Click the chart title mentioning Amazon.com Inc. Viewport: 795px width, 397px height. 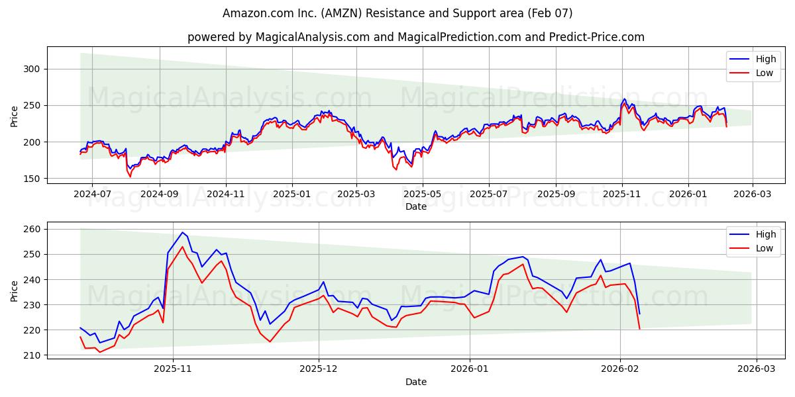(x=397, y=13)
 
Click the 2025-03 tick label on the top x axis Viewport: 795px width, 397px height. (x=356, y=194)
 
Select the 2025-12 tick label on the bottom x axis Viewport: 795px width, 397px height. (x=319, y=369)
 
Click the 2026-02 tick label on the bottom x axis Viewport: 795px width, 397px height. (x=620, y=369)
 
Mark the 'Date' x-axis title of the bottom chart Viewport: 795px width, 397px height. (x=416, y=382)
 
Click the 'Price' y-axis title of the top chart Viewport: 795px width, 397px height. (x=15, y=116)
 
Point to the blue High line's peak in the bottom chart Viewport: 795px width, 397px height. (x=182, y=232)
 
